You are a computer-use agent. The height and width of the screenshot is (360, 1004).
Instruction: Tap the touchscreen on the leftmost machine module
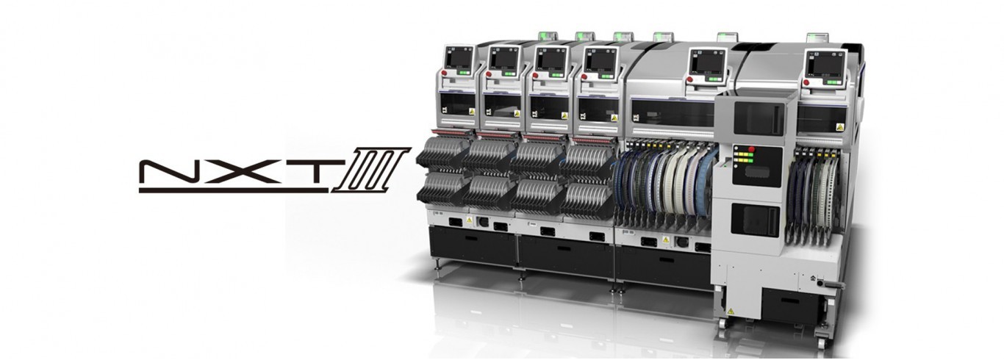(459, 59)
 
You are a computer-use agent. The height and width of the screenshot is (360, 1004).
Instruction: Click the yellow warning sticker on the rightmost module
(839, 126)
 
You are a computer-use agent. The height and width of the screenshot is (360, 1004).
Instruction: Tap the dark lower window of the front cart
(755, 220)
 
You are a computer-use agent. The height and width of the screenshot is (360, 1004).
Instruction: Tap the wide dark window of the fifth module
(673, 112)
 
